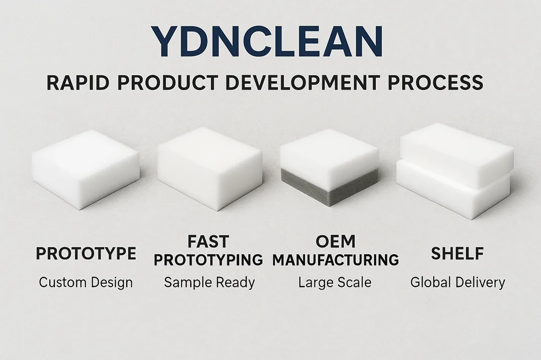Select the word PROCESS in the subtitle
(436, 83)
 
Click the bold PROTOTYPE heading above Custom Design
(86, 254)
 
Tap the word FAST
(208, 241)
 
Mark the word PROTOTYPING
(208, 259)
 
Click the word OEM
(335, 241)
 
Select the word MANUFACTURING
(335, 259)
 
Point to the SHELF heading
(457, 254)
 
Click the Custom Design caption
(86, 283)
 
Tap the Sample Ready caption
(209, 283)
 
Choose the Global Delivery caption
(457, 283)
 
